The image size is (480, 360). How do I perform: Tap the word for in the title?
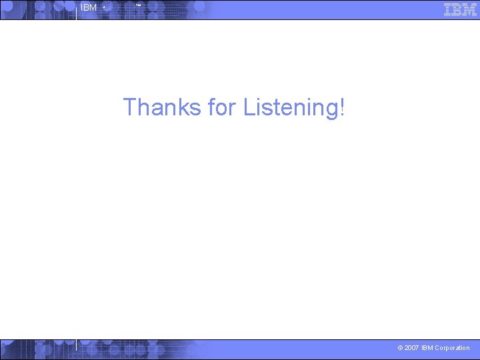[x=222, y=107]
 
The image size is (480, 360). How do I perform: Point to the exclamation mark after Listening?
[x=342, y=107]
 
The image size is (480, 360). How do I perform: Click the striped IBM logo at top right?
[x=460, y=9]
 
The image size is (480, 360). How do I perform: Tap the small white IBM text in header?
[x=88, y=8]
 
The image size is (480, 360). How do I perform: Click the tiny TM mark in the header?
[x=138, y=6]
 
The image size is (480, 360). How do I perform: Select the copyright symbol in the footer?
[x=400, y=348]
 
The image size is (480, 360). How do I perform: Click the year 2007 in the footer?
[x=413, y=348]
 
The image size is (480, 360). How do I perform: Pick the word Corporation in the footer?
[x=452, y=348]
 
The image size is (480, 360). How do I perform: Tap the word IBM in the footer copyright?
[x=427, y=348]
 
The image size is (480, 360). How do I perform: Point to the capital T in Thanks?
[x=130, y=107]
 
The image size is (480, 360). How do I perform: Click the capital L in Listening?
[x=249, y=107]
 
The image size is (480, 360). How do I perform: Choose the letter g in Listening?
[x=330, y=109]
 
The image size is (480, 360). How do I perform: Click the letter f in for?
[x=212, y=107]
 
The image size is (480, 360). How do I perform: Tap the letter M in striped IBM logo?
[x=469, y=9]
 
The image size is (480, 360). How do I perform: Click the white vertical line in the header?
[x=76, y=10]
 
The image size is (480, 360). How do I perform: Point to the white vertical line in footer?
[x=76, y=345]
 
